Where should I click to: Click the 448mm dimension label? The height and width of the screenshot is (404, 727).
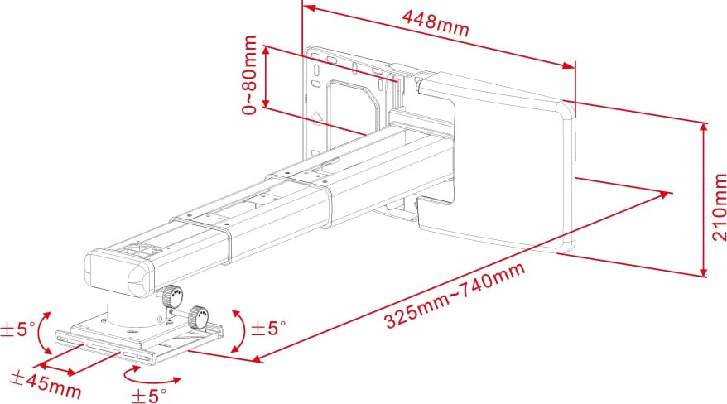(x=436, y=25)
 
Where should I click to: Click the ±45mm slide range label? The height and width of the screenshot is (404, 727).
(x=46, y=383)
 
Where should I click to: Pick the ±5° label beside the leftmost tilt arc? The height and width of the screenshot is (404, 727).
(x=17, y=329)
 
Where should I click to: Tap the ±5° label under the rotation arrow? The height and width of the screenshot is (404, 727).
(x=148, y=395)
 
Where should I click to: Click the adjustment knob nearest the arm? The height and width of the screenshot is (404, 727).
(x=171, y=296)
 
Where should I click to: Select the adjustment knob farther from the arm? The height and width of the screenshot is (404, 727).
(x=198, y=317)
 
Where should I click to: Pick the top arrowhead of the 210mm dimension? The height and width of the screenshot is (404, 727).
(x=704, y=126)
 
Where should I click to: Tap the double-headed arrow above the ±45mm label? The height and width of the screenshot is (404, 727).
(x=63, y=357)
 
